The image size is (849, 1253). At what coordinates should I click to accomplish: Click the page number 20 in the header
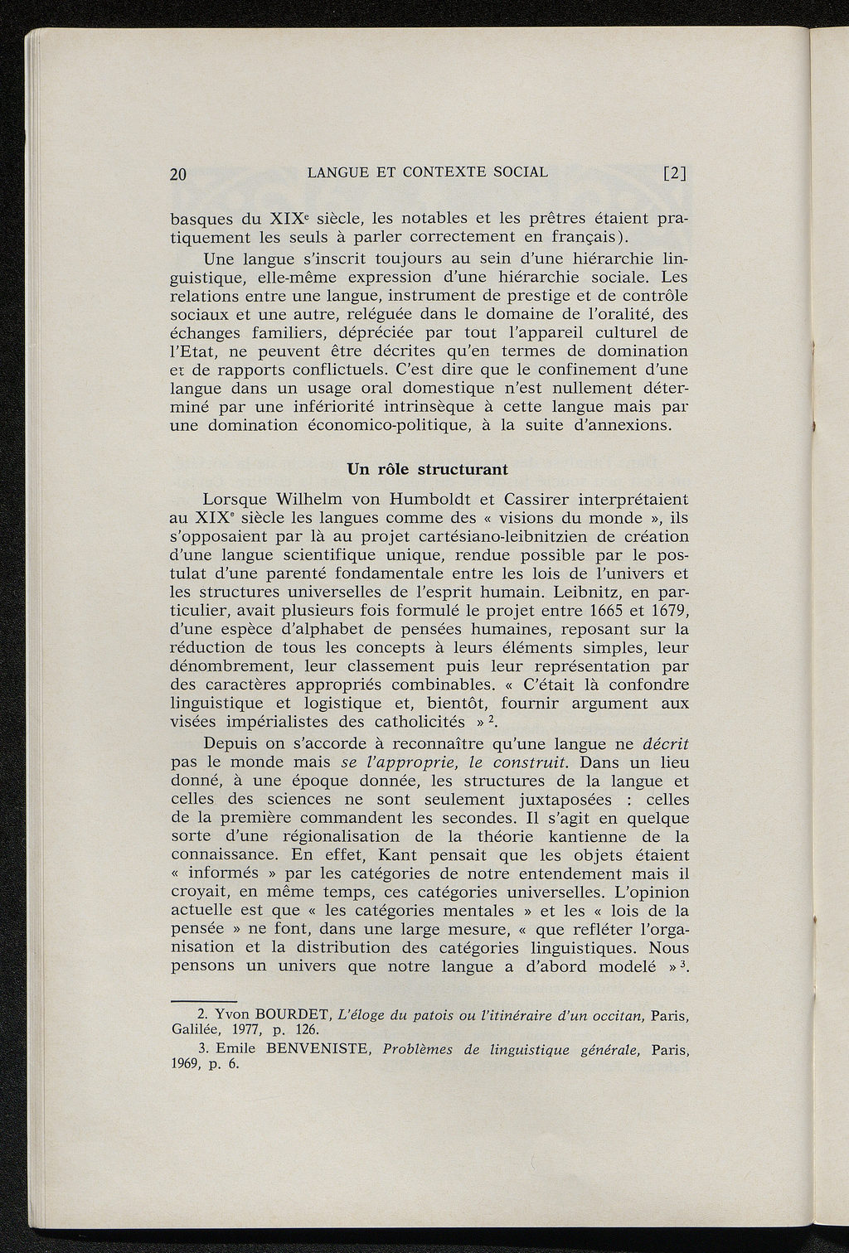pyautogui.click(x=177, y=174)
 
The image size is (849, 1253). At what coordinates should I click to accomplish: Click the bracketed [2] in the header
pyautogui.click(x=676, y=174)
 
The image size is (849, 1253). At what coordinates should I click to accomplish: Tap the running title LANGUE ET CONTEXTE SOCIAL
pyautogui.click(x=427, y=172)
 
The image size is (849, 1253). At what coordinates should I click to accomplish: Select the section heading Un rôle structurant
pyautogui.click(x=427, y=469)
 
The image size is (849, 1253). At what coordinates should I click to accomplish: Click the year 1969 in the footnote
pyautogui.click(x=187, y=1065)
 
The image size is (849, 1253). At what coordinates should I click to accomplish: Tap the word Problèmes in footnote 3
pyautogui.click(x=420, y=1050)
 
